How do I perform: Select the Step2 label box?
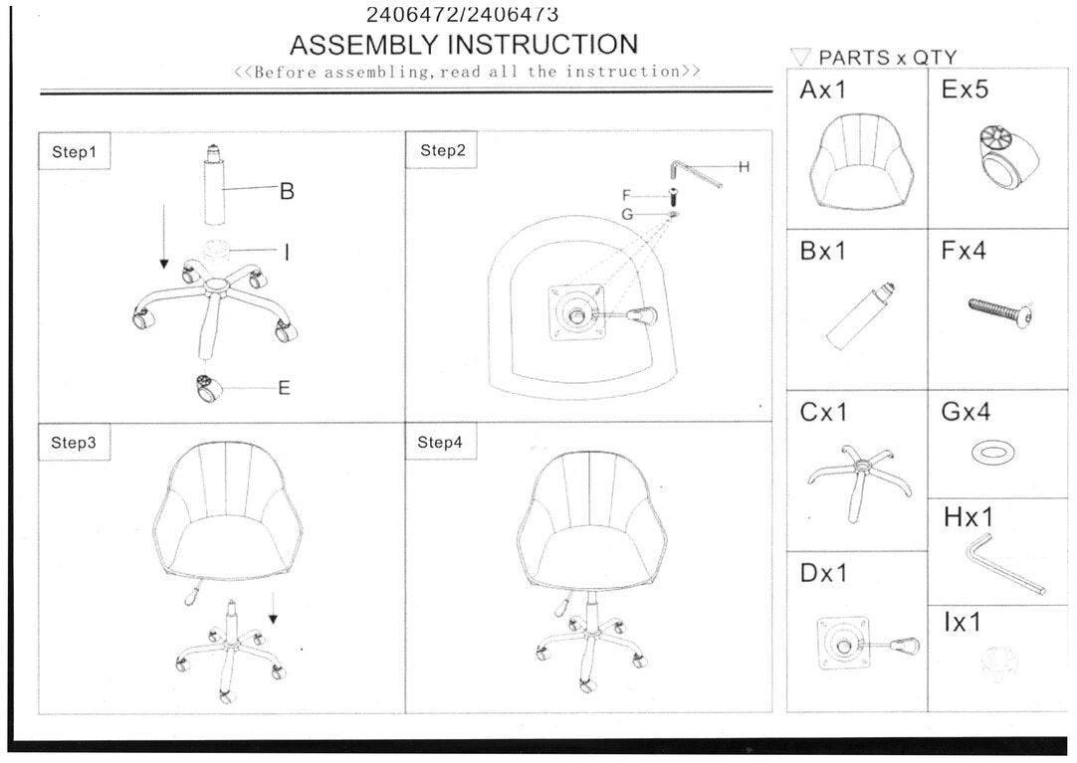(443, 150)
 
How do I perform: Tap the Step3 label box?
(74, 443)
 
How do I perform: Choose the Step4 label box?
(440, 443)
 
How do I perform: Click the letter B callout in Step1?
(287, 191)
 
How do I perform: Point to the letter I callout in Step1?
(288, 253)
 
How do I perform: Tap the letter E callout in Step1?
(284, 388)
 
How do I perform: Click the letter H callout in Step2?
(744, 166)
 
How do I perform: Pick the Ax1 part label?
(822, 90)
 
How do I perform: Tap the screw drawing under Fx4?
(999, 311)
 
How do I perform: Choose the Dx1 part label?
(824, 574)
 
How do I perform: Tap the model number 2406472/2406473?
(462, 14)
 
